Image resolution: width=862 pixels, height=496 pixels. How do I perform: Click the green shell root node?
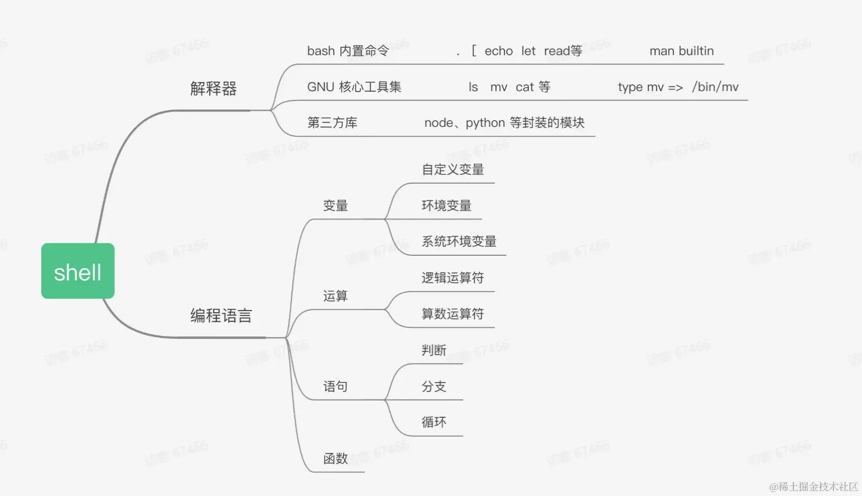[78, 271]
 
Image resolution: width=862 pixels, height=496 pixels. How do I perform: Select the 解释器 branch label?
[213, 88]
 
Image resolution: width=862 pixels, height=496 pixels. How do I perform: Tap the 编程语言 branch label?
[221, 316]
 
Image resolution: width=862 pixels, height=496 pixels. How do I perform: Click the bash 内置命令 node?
[348, 51]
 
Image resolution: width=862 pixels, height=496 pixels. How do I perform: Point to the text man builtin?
[681, 51]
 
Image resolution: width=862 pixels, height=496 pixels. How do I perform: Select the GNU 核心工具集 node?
[354, 87]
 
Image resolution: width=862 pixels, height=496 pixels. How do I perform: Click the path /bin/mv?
[715, 87]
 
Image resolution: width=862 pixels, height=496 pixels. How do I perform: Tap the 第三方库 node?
[332, 122]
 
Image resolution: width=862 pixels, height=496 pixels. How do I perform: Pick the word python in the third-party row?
[485, 123]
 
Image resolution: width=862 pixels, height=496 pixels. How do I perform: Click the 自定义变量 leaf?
[452, 169]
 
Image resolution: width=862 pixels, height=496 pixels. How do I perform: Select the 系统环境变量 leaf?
[459, 241]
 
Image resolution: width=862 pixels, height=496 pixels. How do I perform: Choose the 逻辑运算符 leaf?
[452, 278]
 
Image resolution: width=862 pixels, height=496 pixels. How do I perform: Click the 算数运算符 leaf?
[452, 313]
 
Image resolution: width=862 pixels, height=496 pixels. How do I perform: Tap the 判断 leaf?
[434, 350]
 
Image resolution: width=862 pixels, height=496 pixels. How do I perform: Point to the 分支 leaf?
[434, 386]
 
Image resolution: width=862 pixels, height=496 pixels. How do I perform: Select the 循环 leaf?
[434, 422]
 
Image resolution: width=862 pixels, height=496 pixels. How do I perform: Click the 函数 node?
[335, 458]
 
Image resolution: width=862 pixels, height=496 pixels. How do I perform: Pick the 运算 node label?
[335, 295]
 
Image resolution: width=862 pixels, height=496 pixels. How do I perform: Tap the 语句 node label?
[335, 386]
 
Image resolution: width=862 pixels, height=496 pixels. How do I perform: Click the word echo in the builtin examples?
[498, 51]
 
